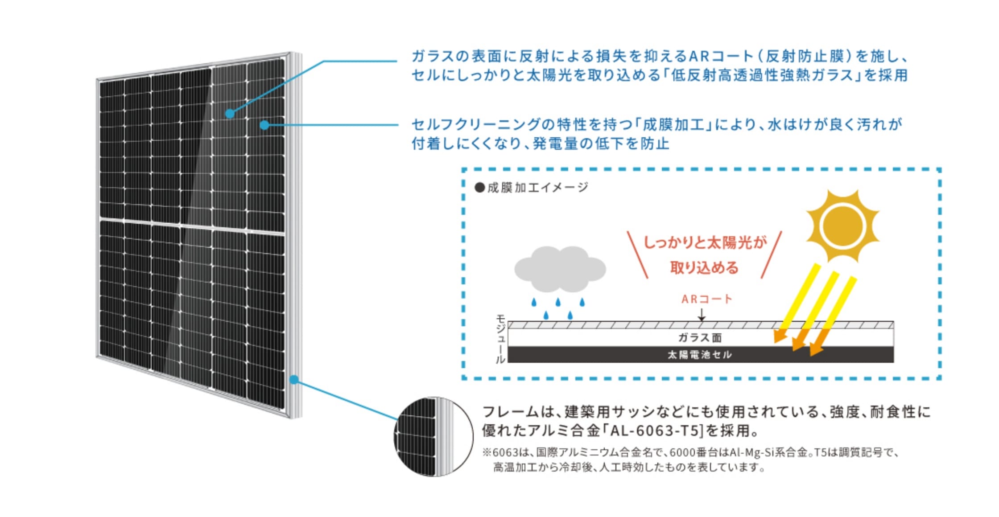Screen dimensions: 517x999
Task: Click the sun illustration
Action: click(x=842, y=226)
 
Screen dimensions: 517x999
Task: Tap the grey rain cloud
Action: click(x=560, y=269)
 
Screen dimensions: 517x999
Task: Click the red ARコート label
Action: click(x=706, y=299)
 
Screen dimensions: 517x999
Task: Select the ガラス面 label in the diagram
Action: click(x=700, y=338)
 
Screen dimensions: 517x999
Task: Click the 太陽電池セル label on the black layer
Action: click(x=700, y=355)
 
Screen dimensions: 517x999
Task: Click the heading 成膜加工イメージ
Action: click(x=537, y=188)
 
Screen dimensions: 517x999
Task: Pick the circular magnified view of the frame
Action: click(x=433, y=436)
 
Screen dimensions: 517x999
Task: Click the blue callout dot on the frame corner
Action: click(x=293, y=380)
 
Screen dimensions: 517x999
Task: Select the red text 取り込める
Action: click(x=704, y=268)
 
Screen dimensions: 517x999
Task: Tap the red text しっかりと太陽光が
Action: click(x=705, y=243)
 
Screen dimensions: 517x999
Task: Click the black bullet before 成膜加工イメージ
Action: click(x=479, y=188)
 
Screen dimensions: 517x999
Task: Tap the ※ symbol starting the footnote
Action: click(x=487, y=453)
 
